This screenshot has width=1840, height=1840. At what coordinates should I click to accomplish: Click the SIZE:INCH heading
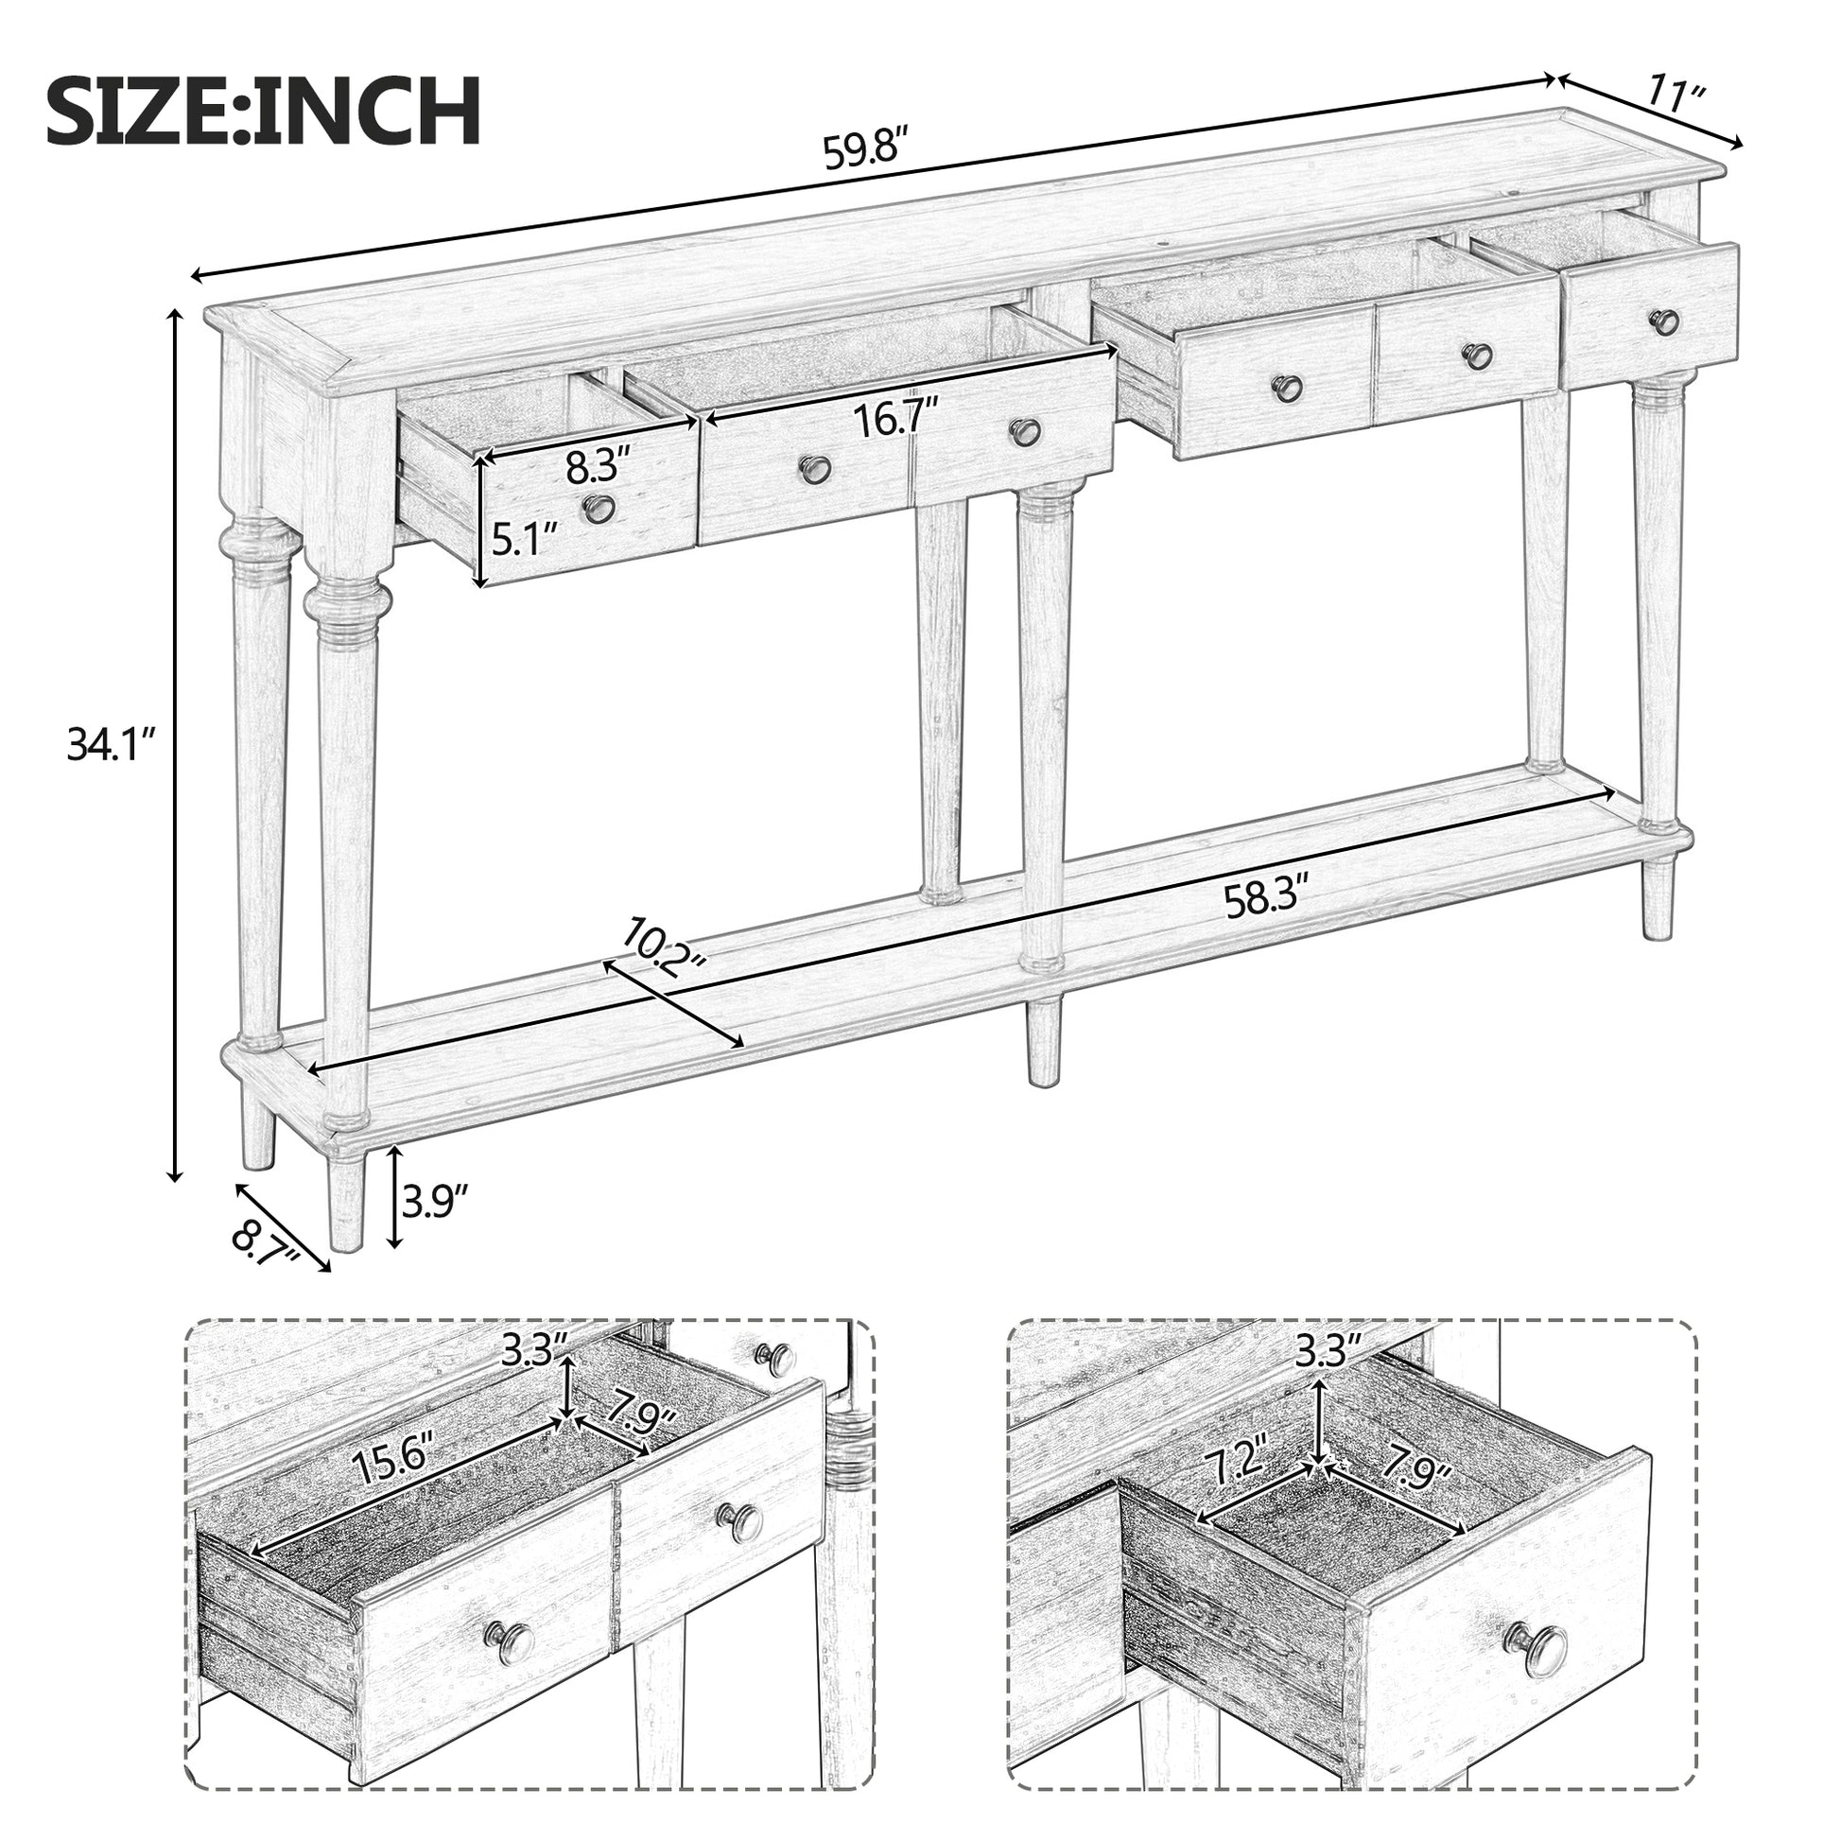[264, 113]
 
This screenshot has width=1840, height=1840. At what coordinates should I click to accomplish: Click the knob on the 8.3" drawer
[599, 509]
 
